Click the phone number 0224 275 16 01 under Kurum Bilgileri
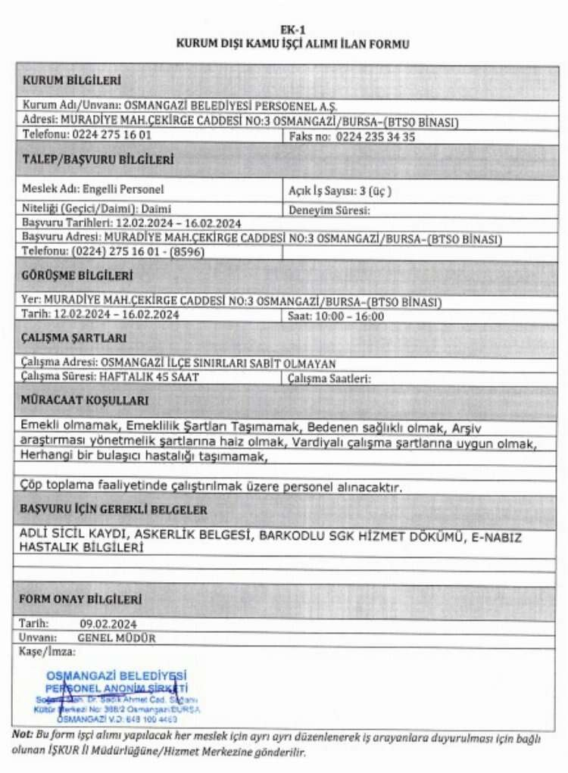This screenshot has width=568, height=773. pyautogui.click(x=112, y=136)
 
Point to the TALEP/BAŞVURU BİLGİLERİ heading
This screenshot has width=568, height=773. pyautogui.click(x=98, y=160)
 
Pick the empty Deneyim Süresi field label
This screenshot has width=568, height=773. pyautogui.click(x=329, y=210)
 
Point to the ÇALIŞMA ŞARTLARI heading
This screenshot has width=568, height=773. pyautogui.click(x=74, y=338)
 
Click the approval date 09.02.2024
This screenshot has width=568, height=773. pyautogui.click(x=107, y=624)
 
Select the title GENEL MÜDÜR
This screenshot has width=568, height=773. pyautogui.click(x=116, y=637)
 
